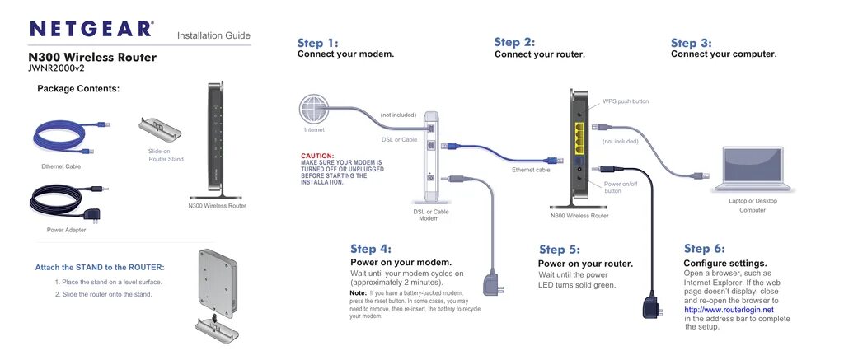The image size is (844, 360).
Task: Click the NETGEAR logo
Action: [91, 30]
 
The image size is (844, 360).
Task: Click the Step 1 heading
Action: [318, 43]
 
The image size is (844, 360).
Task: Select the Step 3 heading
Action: [691, 43]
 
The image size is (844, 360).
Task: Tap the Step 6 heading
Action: [705, 249]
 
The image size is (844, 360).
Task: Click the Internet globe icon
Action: [314, 110]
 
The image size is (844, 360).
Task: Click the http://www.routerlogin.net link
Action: [729, 310]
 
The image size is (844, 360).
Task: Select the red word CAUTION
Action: [317, 156]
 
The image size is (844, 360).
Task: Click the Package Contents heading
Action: [78, 88]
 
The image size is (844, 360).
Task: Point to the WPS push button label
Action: [626, 101]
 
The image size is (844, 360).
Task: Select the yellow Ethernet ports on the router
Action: [579, 138]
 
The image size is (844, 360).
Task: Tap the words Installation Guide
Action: [213, 35]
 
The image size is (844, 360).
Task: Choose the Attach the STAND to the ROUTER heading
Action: [99, 267]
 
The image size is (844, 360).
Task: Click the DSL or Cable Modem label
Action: [431, 215]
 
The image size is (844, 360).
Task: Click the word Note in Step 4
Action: [358, 293]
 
